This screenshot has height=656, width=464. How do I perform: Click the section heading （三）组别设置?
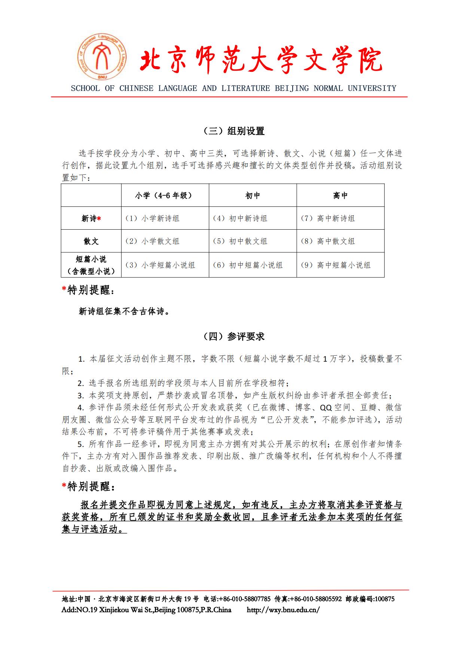(x=233, y=131)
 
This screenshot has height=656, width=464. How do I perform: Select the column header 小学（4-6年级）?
(x=165, y=196)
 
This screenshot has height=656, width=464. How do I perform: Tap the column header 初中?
(x=253, y=196)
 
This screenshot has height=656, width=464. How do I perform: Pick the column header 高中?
(x=340, y=196)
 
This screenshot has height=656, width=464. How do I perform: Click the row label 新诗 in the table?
(x=89, y=219)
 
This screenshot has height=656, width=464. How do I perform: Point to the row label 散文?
(x=91, y=241)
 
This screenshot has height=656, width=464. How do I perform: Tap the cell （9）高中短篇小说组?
(x=336, y=265)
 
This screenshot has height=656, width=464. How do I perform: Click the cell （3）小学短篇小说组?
(x=160, y=265)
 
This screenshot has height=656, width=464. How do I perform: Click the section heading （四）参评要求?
(x=233, y=337)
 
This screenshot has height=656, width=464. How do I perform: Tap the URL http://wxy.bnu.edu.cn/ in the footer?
(x=283, y=610)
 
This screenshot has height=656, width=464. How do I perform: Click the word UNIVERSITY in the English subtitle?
(x=372, y=88)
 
